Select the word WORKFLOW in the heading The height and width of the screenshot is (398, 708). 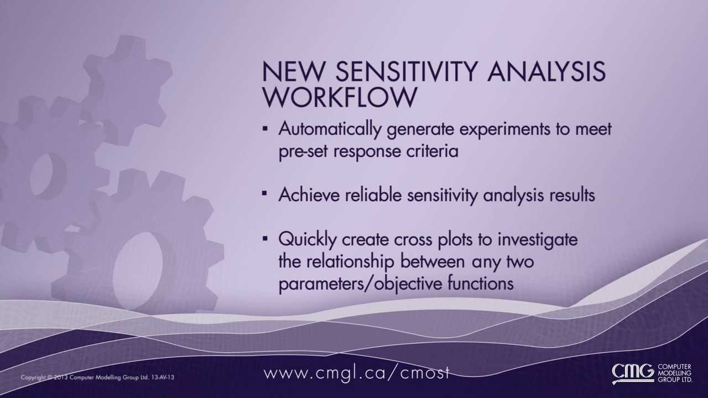click(339, 97)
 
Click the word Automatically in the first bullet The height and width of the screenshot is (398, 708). click(330, 129)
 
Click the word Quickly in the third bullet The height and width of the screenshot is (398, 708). click(307, 240)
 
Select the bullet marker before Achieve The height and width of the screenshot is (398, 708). click(265, 194)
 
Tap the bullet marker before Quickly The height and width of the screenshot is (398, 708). click(265, 239)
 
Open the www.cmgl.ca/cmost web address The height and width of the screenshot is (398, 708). click(357, 373)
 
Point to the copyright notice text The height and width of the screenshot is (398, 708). click(97, 378)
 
